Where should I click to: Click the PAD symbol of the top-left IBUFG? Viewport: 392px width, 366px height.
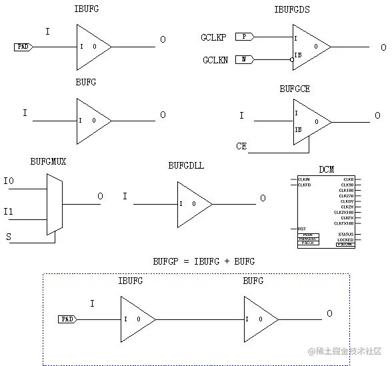(x=23, y=47)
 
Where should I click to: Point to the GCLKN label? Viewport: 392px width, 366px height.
(x=215, y=61)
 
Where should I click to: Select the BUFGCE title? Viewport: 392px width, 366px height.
(x=294, y=88)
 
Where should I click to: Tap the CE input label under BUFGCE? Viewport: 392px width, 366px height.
(x=241, y=145)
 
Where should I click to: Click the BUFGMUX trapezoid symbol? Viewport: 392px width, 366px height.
(x=55, y=205)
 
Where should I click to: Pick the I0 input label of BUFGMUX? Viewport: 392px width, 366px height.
(x=9, y=181)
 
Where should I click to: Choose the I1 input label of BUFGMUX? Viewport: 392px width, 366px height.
(x=9, y=212)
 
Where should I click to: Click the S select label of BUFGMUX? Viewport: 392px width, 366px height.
(x=8, y=236)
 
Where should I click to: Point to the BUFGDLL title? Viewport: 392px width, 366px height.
(x=187, y=165)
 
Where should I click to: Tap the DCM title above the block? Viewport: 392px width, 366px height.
(x=327, y=169)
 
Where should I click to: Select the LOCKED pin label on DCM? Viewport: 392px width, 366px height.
(x=345, y=239)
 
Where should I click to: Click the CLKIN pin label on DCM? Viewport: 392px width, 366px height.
(x=304, y=179)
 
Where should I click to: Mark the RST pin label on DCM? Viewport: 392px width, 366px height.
(x=302, y=229)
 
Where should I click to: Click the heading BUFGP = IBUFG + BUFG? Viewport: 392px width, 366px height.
(x=203, y=261)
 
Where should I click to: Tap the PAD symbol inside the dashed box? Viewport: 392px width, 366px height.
(x=67, y=319)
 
